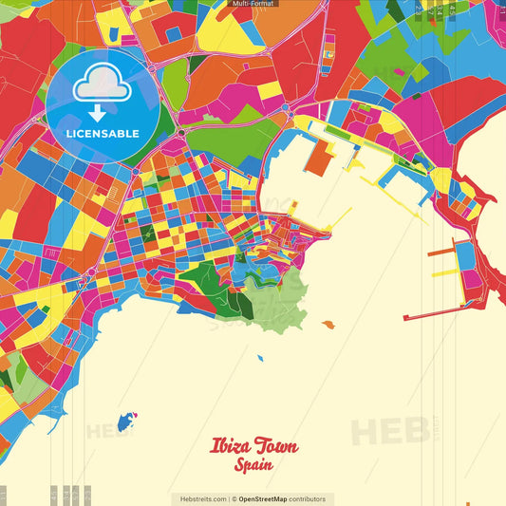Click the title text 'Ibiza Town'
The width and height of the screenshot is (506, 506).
tap(253, 447)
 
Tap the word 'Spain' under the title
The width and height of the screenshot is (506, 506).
tap(253, 465)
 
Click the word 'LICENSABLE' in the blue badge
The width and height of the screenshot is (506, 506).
tap(103, 134)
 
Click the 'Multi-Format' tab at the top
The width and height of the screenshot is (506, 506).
tap(253, 4)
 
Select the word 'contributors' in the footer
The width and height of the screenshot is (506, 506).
tap(307, 498)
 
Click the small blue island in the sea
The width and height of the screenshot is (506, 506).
tap(124, 421)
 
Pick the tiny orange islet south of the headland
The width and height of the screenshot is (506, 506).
tap(328, 325)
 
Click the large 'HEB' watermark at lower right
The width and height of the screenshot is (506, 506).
tap(389, 432)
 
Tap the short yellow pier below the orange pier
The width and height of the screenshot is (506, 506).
tap(443, 272)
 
